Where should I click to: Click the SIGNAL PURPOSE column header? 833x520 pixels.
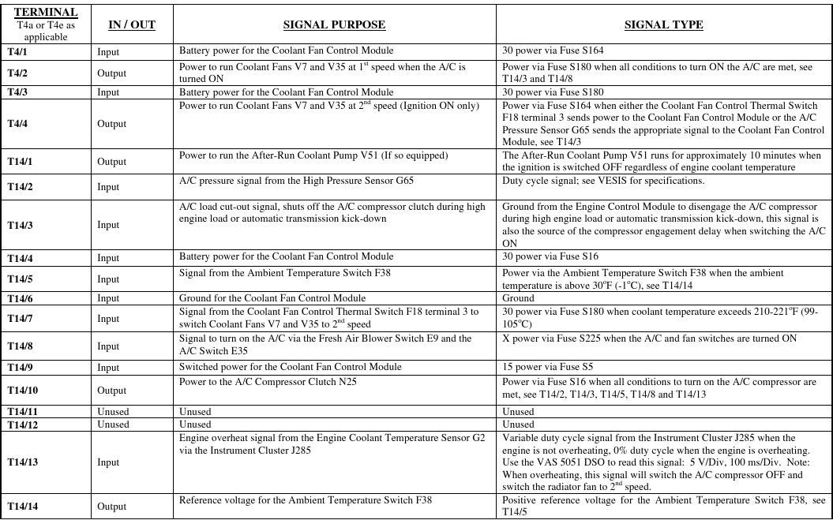[334, 24]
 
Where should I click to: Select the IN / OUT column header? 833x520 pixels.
[131, 24]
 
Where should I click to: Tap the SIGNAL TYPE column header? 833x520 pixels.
[663, 24]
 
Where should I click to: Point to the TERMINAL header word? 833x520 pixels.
[46, 13]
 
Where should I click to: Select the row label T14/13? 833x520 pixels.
[22, 462]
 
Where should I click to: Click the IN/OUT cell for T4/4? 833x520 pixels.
[111, 124]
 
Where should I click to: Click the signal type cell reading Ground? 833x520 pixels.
[518, 298]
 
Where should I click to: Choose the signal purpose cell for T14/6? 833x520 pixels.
[272, 298]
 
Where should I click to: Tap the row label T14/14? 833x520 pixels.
[22, 506]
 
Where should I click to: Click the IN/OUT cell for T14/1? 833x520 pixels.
[111, 161]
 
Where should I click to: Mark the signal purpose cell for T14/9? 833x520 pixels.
[290, 367]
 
